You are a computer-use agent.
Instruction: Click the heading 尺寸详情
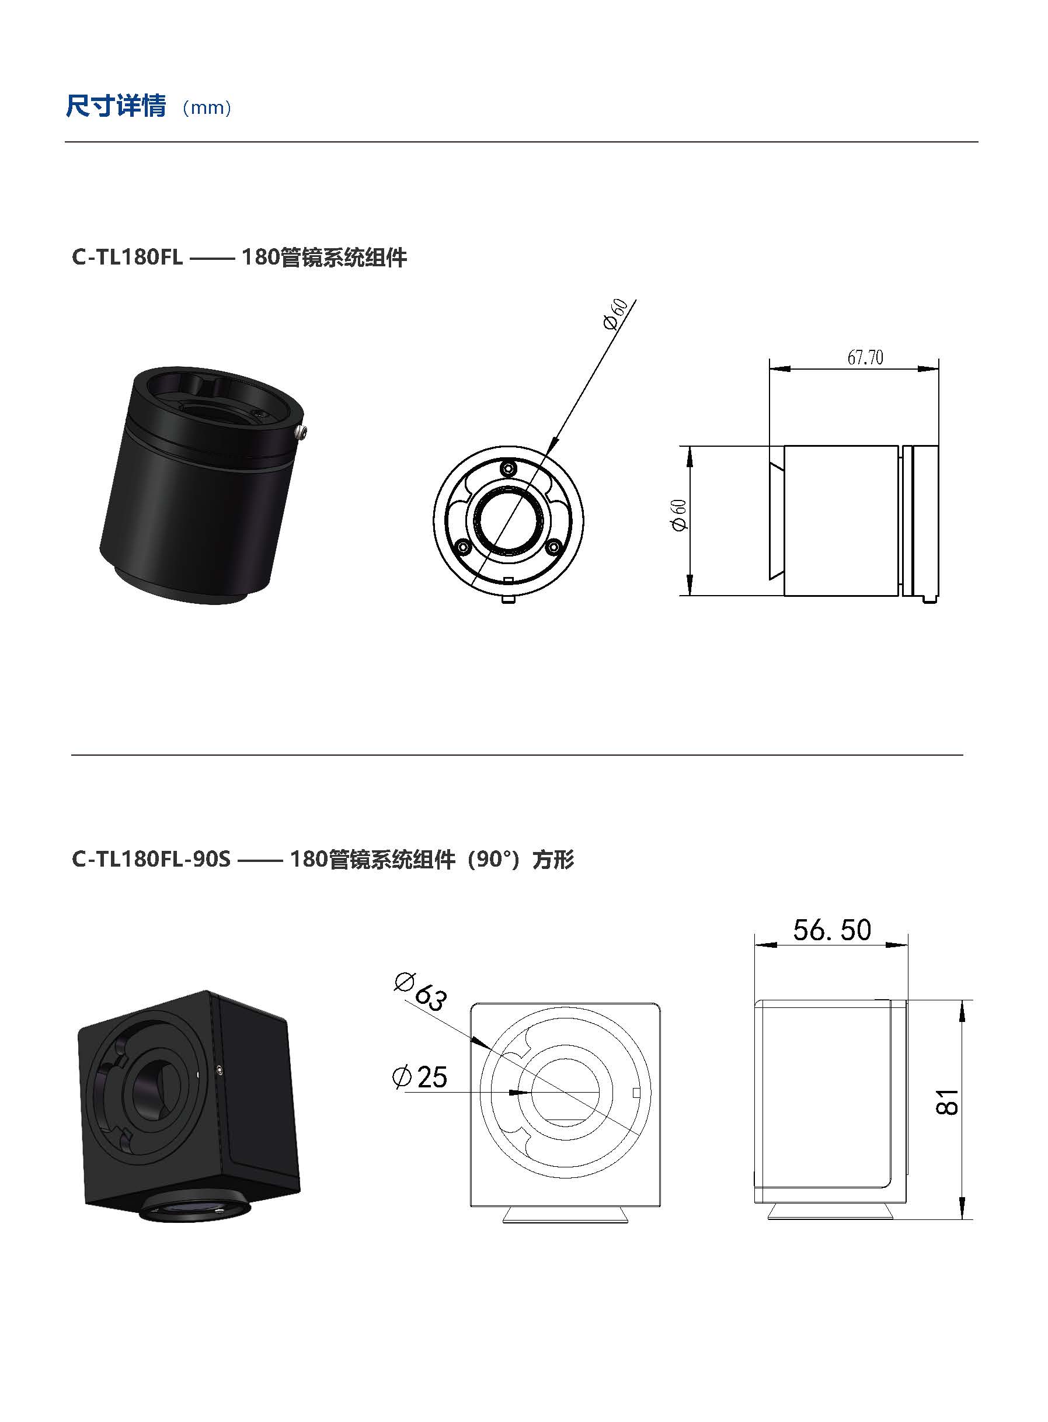coord(116,106)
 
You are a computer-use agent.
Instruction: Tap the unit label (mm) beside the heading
coord(207,108)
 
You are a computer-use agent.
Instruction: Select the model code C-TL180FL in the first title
coord(127,258)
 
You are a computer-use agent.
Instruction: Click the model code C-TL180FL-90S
coord(151,859)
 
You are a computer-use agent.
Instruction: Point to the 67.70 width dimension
coord(865,358)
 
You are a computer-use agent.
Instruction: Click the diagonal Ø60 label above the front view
coord(615,314)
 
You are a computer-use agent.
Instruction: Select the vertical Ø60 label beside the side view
coord(679,515)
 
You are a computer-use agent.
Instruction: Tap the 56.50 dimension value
coord(831,930)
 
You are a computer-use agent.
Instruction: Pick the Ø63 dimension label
coord(421,991)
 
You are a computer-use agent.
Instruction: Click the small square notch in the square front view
coord(638,1092)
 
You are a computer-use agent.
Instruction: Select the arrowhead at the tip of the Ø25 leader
coord(521,1093)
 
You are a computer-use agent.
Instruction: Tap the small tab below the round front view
coord(508,598)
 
